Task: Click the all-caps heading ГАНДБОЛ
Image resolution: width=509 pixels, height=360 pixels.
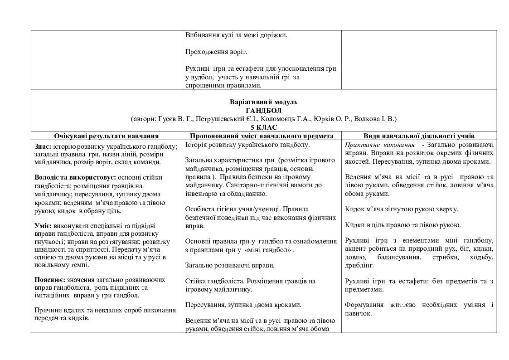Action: click(263, 110)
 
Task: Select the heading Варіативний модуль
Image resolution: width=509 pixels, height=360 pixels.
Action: click(263, 102)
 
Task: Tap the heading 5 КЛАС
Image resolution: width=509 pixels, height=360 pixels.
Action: click(263, 127)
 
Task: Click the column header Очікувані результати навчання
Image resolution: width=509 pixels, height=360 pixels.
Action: click(106, 136)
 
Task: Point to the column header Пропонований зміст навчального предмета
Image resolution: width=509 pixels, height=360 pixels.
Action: click(262, 136)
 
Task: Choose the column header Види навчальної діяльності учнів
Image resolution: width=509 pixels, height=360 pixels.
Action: click(419, 136)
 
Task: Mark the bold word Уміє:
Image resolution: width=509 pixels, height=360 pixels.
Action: click(43, 225)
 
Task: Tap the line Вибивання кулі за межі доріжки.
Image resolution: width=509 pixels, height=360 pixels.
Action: click(236, 35)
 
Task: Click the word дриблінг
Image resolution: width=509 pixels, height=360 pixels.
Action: click(359, 265)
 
